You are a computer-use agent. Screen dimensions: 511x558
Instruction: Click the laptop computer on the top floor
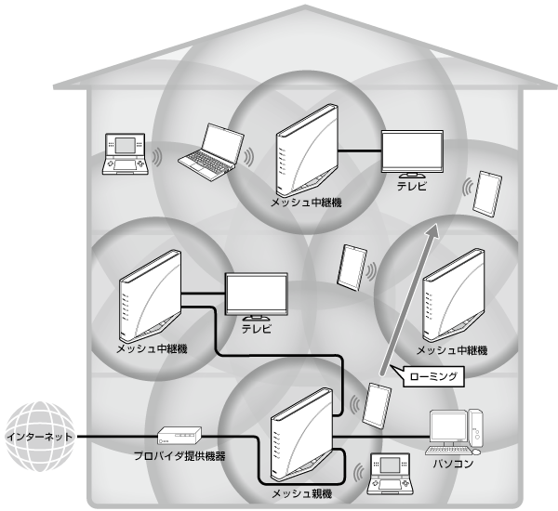point(209,151)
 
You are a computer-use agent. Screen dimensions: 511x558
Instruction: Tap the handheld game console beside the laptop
point(124,152)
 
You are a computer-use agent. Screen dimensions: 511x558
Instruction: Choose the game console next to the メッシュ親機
point(389,472)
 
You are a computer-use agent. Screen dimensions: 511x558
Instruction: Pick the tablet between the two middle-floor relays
point(350,268)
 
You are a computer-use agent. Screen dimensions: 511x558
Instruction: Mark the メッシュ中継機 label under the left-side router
point(152,348)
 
